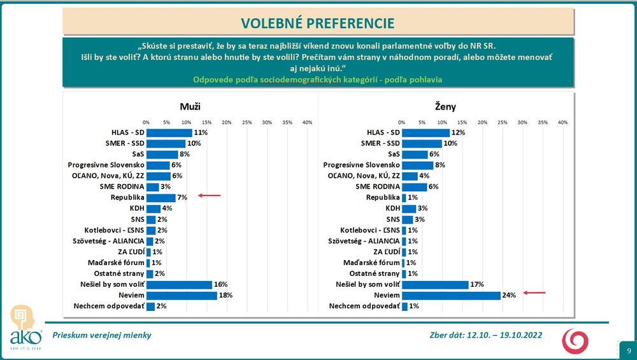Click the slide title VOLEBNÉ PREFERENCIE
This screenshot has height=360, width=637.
(x=318, y=24)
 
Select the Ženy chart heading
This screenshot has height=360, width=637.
(x=445, y=107)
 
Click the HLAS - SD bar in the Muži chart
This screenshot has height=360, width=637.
(x=169, y=133)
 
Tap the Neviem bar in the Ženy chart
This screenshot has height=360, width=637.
(x=451, y=296)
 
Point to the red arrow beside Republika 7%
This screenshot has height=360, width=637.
(x=210, y=196)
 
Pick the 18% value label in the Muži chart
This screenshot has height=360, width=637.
(x=226, y=296)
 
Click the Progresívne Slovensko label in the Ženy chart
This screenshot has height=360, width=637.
(x=361, y=165)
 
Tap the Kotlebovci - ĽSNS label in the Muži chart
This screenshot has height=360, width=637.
(x=113, y=230)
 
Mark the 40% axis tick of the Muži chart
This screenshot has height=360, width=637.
(x=307, y=122)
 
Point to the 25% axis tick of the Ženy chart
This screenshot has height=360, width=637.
(x=502, y=122)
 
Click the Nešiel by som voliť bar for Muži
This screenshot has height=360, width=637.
(x=179, y=285)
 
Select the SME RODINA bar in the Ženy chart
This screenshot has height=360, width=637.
(x=414, y=187)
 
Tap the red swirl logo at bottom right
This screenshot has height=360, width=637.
(x=575, y=340)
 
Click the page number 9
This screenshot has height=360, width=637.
(x=629, y=351)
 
